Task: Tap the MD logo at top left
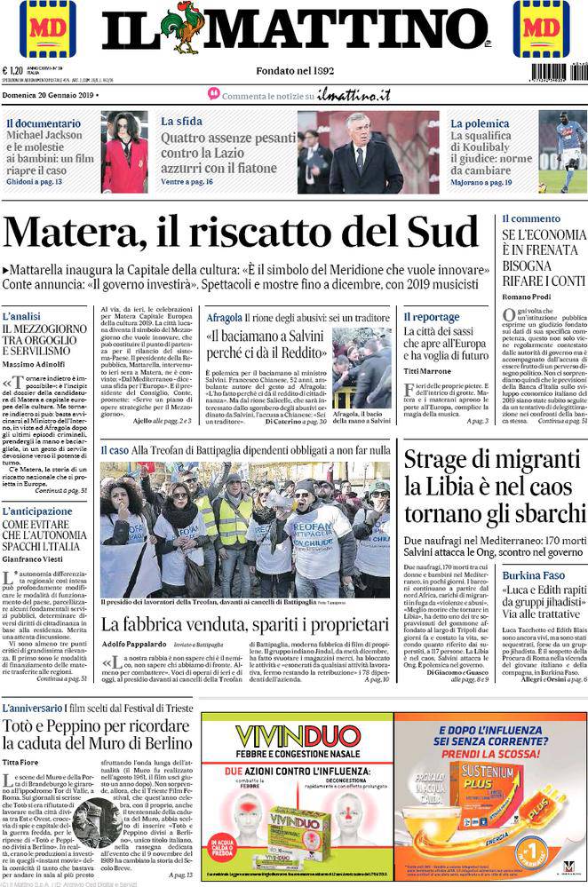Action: tap(47, 29)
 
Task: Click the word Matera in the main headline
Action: tap(68, 234)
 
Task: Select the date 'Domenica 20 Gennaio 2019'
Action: tap(49, 94)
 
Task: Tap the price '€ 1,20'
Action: tap(13, 71)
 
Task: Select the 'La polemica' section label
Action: tap(480, 123)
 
